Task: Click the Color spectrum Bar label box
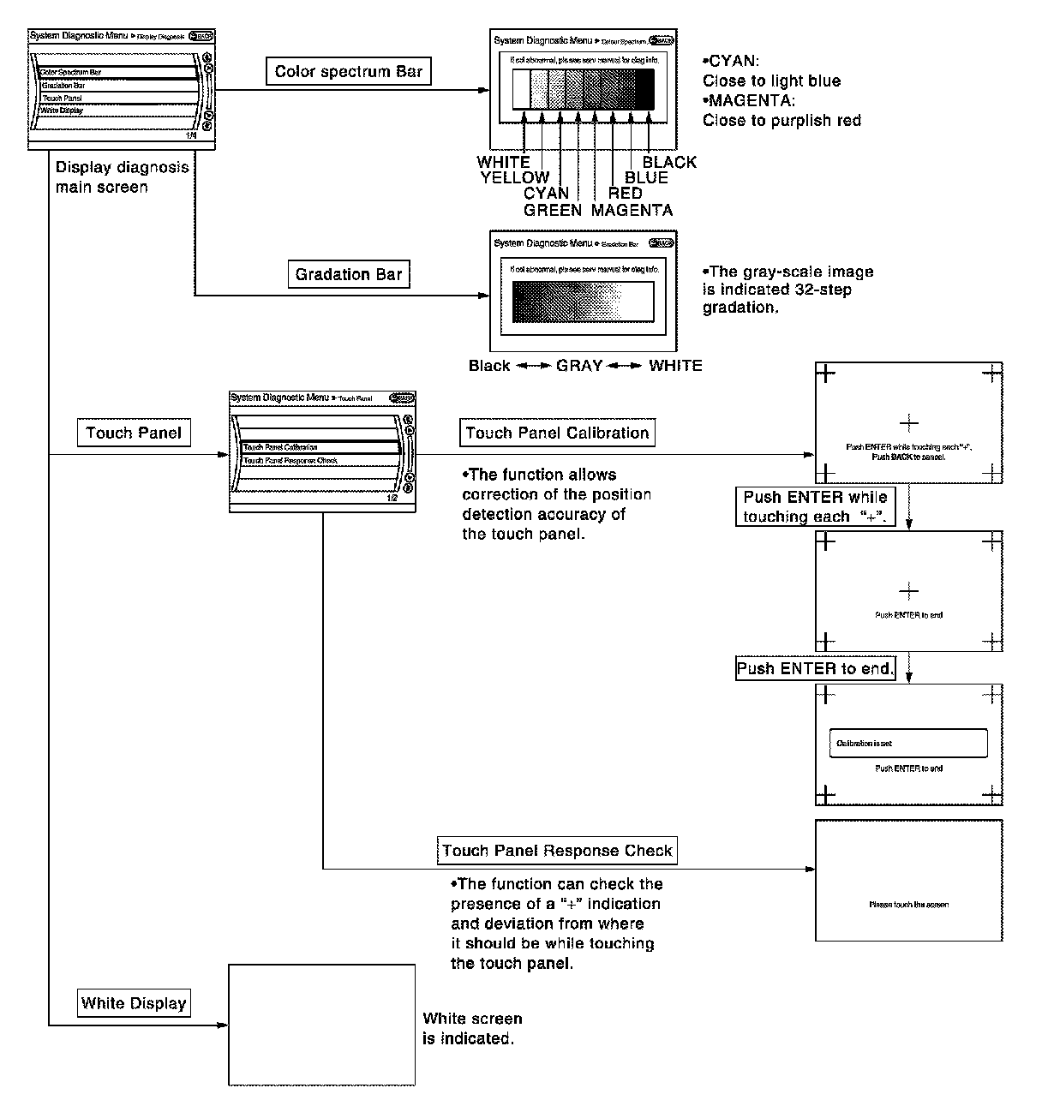[348, 72]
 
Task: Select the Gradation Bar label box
[348, 275]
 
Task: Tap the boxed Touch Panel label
[134, 433]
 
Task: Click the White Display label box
[134, 1003]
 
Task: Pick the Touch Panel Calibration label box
[557, 433]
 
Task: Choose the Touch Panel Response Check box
[557, 851]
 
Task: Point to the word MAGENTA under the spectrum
[632, 210]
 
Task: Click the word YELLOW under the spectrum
[514, 178]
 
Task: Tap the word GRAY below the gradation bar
[579, 366]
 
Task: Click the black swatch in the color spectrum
[644, 89]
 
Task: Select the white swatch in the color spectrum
[522, 89]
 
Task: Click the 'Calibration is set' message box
[908, 744]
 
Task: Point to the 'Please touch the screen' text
[908, 905]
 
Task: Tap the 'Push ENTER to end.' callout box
[815, 668]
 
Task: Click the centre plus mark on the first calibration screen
[909, 422]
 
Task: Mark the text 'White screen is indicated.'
[472, 1029]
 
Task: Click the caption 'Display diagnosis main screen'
[122, 177]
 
